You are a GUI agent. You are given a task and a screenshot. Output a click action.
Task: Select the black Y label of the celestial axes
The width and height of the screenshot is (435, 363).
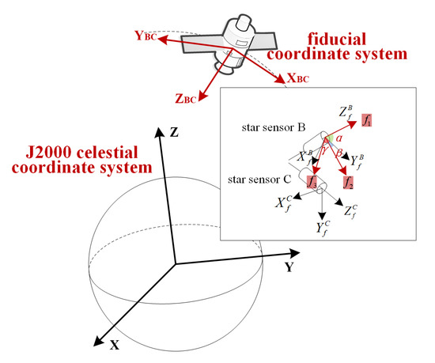290,268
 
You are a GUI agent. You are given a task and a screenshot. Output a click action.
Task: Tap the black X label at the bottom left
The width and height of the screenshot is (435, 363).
114,346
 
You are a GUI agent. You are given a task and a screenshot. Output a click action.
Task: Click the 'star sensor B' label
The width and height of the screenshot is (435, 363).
279,127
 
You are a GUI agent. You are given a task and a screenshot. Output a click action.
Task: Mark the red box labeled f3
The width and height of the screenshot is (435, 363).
312,183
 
